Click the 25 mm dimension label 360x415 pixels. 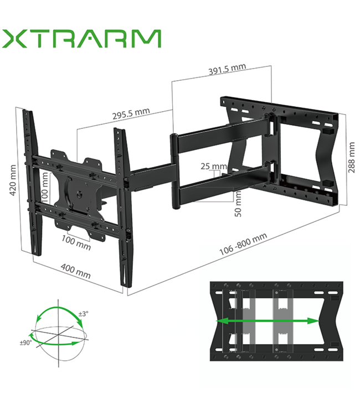(214, 166)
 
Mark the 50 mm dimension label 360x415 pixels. (238, 204)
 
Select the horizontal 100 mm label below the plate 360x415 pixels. (76, 241)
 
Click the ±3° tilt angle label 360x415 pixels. (83, 314)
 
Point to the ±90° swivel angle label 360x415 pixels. (25, 343)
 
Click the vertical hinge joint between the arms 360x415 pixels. (174, 172)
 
